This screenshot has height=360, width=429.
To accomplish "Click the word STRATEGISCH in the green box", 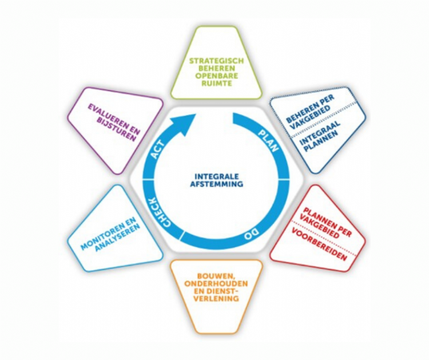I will pyautogui.click(x=217, y=59).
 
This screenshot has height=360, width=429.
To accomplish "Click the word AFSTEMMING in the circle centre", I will pyautogui.click(x=217, y=184).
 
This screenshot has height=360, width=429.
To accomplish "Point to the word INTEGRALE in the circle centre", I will pyautogui.click(x=217, y=176).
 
